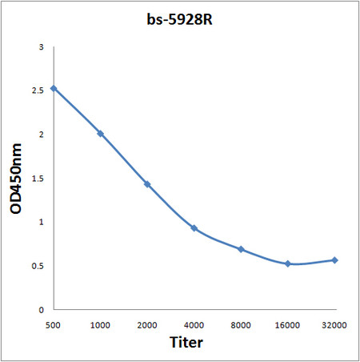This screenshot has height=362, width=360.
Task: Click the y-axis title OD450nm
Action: click(x=15, y=178)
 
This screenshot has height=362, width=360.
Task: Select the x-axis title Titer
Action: click(x=186, y=343)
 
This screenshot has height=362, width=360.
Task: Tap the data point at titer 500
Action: click(x=54, y=88)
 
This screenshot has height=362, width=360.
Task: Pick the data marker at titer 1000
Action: click(x=100, y=134)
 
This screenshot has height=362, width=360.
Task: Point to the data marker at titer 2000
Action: click(x=147, y=184)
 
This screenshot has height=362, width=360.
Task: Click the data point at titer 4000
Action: click(x=194, y=228)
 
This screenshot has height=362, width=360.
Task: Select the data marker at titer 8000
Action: click(x=241, y=249)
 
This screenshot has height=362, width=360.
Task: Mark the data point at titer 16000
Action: click(x=288, y=263)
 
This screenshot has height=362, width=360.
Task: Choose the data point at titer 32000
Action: click(x=334, y=260)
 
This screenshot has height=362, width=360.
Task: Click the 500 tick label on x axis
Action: click(x=54, y=325)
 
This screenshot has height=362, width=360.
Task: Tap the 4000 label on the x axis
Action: click(x=194, y=325)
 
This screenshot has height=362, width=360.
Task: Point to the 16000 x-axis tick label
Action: click(x=288, y=325)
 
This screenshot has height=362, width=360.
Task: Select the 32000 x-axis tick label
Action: click(x=334, y=325)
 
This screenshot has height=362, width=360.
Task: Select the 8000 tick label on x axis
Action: click(x=241, y=325)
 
